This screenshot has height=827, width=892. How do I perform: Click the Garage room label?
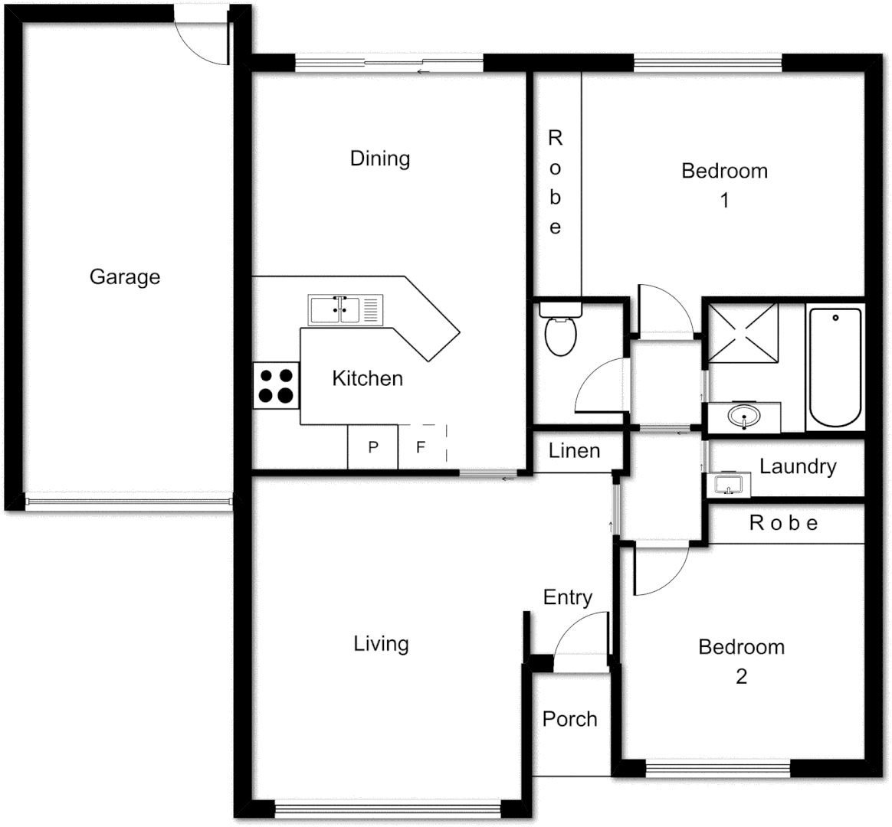[125, 276]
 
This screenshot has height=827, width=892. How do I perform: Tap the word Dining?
[380, 159]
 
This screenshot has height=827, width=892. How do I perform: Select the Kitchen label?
[367, 378]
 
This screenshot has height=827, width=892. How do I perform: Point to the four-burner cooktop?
[276, 385]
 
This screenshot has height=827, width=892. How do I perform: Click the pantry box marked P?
[373, 447]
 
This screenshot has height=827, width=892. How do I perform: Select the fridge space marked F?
[421, 447]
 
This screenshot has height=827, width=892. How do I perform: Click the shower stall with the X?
[743, 333]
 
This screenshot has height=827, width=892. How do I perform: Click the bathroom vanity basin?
[743, 417]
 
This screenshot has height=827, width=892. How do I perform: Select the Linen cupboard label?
[575, 451]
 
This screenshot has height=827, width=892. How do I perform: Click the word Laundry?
[798, 466]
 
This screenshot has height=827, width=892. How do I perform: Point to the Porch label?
[569, 719]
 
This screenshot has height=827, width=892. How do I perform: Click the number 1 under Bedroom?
[724, 201]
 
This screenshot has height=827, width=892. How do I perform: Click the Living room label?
[381, 644]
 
